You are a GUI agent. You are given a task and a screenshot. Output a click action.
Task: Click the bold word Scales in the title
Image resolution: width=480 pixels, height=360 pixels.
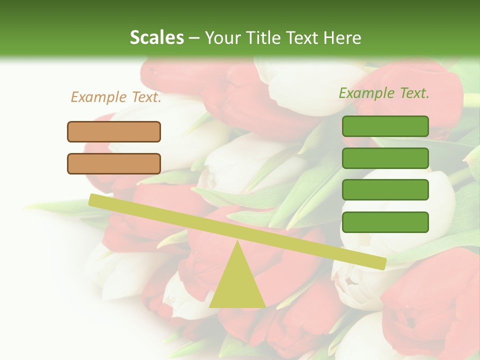point(156,37)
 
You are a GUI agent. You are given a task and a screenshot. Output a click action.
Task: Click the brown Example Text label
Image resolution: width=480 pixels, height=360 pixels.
point(116,97)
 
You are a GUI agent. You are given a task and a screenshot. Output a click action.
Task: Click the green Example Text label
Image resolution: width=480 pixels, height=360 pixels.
point(384,93)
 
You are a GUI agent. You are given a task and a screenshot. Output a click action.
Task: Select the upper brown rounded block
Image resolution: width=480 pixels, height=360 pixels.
point(114,131)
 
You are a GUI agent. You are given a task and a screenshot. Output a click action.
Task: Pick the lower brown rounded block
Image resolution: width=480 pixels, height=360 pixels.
point(114,163)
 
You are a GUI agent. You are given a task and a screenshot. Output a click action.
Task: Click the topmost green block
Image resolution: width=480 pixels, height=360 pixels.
point(385,126)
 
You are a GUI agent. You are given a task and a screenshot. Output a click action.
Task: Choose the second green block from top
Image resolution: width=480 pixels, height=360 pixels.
point(385,158)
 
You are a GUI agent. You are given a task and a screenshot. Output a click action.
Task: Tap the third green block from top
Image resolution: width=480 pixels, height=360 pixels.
point(385,190)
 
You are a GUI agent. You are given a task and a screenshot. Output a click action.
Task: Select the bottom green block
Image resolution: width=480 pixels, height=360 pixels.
point(385,222)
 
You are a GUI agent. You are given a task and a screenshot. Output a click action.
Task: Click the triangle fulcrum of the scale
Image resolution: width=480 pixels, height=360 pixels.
point(237,285)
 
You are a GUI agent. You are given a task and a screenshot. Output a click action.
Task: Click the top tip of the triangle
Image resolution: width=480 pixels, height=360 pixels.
point(238,242)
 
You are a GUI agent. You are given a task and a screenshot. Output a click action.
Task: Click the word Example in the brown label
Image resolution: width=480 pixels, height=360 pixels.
point(98,97)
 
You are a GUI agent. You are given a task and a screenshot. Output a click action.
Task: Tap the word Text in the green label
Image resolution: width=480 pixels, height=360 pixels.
point(412,93)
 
